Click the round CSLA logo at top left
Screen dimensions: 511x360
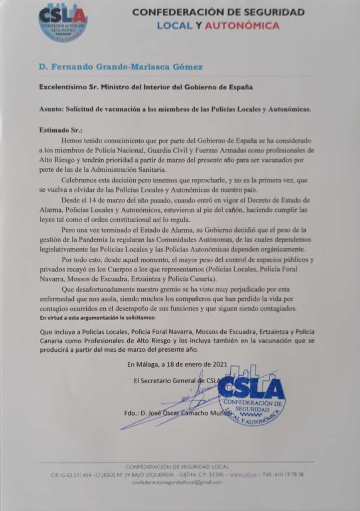pyautogui.click(x=63, y=22)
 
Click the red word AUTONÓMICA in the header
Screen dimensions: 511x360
pyautogui.click(x=242, y=26)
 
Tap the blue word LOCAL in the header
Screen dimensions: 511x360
pyautogui.click(x=174, y=26)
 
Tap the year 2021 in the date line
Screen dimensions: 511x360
pyautogui.click(x=220, y=364)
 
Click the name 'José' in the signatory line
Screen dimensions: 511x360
pyautogui.click(x=156, y=413)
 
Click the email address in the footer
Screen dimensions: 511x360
pyautogui.click(x=177, y=482)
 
